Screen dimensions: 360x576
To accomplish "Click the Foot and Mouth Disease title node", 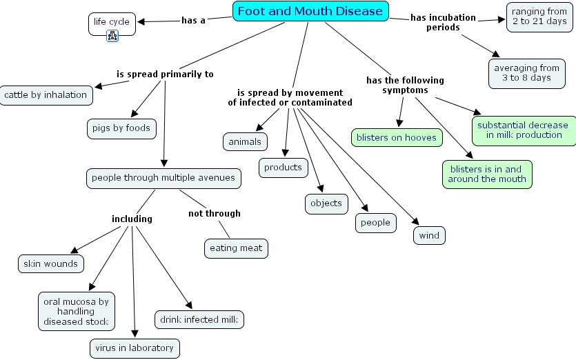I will coord(310,11).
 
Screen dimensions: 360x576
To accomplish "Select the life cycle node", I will coord(112,22).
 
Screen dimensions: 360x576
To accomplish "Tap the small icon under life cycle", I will coord(112,36).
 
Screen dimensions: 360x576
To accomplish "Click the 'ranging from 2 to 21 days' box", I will coord(539,17).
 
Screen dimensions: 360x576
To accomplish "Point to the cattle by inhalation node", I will coord(46,95).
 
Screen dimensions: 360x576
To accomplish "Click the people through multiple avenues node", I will coord(163,178).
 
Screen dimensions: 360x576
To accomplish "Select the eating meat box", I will coord(236,248).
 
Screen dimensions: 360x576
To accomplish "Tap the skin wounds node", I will coord(51,263).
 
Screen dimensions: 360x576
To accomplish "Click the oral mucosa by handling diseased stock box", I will coord(76,312).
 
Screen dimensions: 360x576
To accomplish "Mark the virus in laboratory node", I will coord(135,348).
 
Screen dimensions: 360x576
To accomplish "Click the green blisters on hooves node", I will coord(397,137).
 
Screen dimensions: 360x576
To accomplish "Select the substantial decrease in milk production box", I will coord(523,130).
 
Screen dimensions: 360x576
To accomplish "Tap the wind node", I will coord(429,235).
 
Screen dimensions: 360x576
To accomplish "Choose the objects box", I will coord(326,203).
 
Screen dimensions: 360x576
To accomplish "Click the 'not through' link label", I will coord(215,214).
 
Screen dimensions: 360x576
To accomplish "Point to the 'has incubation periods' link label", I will coord(443,22).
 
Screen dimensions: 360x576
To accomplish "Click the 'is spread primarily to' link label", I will coord(165,74).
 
